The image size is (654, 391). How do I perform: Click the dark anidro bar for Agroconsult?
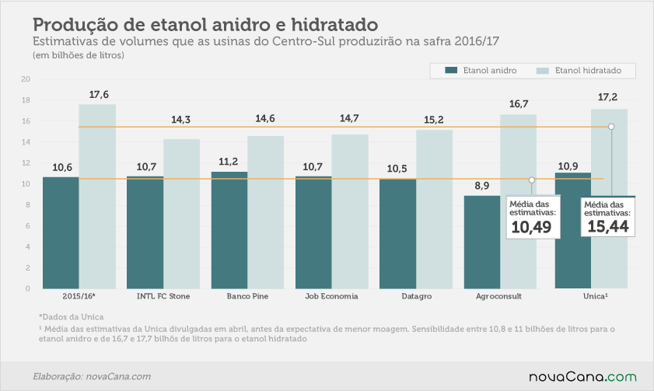[x=481, y=243]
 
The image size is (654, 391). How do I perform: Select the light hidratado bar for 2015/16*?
[x=97, y=197]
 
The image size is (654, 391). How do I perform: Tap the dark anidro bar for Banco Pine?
[x=229, y=230]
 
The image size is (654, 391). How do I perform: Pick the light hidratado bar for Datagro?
[x=434, y=209]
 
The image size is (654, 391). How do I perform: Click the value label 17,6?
[x=99, y=95]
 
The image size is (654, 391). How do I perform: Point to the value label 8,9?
[x=481, y=186]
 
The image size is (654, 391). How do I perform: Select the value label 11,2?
[x=228, y=162]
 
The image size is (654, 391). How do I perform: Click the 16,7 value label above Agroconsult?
[x=519, y=104]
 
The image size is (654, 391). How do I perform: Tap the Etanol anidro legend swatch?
[x=451, y=70]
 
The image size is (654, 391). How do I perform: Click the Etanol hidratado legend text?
[x=588, y=71]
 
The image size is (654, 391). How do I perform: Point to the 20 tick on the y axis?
[x=26, y=79]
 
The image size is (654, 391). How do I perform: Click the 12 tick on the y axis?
[x=26, y=163]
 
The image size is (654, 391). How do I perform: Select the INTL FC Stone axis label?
[x=163, y=296]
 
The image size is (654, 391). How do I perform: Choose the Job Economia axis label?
[x=331, y=296]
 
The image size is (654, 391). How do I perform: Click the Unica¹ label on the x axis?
[x=596, y=296]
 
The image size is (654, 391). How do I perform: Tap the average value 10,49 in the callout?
[x=531, y=227]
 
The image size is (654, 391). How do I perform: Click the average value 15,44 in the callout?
[x=608, y=227]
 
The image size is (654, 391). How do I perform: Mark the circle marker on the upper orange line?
[x=611, y=126]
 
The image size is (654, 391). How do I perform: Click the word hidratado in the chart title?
[x=334, y=25]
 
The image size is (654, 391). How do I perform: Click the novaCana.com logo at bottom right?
[x=582, y=377]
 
